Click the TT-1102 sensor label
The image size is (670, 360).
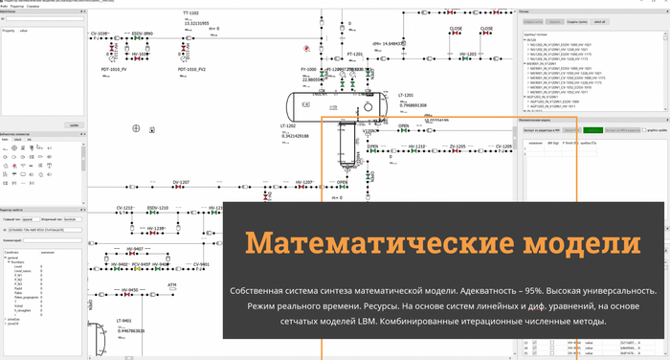click(198, 13)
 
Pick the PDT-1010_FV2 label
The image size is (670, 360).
click(192, 69)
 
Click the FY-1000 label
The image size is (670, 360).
click(309, 70)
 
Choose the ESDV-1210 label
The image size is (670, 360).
click(158, 208)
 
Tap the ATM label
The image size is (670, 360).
click(172, 284)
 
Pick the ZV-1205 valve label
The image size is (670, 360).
click(458, 146)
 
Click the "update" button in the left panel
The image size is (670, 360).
click(74, 124)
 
